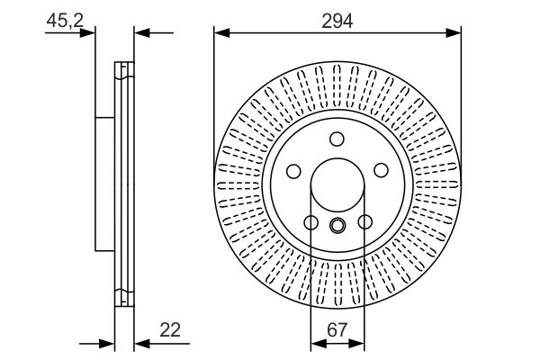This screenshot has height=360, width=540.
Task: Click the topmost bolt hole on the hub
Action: [x=337, y=139]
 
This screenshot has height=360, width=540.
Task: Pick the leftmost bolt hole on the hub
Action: [x=292, y=171]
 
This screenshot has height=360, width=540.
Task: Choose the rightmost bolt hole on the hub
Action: [x=381, y=171]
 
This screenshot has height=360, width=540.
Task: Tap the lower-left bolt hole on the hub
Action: [x=310, y=222]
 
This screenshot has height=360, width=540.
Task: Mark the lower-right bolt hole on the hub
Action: [x=364, y=222]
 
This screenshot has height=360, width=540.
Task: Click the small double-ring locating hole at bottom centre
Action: [x=337, y=227]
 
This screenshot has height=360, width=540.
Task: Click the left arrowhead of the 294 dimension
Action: [x=220, y=33]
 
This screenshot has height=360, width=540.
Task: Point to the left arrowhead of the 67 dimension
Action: [x=315, y=343]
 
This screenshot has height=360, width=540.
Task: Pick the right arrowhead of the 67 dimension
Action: [x=359, y=343]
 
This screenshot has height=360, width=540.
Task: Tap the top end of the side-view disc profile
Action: [x=123, y=65]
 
